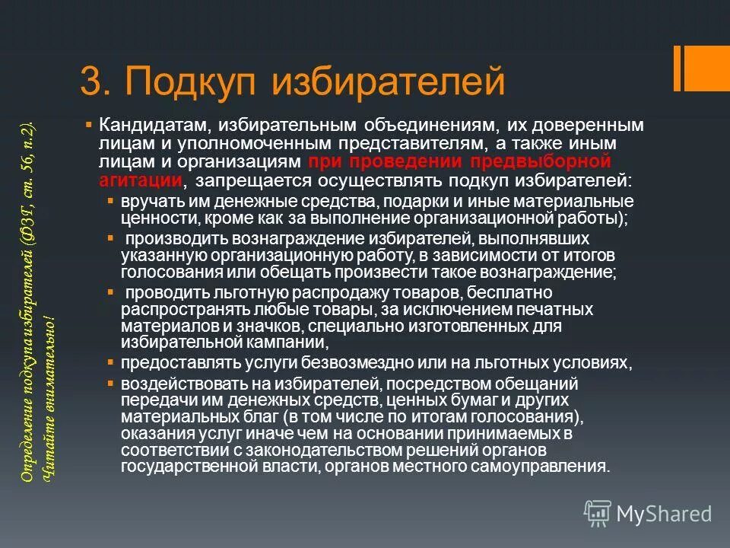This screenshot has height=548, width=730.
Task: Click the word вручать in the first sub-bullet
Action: point(144,202)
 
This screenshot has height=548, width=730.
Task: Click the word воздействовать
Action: point(173,383)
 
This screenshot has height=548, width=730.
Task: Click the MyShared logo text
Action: point(664,514)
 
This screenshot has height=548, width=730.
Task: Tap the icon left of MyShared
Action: point(597,514)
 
